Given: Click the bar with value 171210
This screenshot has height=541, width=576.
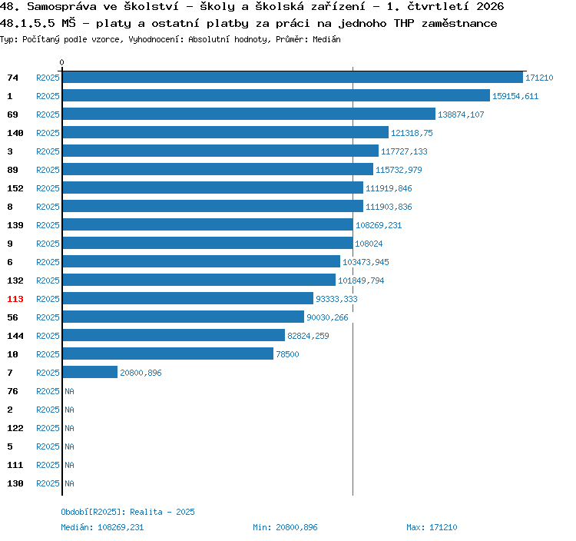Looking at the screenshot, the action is click(293, 77).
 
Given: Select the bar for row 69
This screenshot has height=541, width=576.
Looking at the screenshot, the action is click(249, 114).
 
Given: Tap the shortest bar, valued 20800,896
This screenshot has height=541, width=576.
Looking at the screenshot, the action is click(90, 372).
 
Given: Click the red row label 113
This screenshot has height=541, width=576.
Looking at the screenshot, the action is click(15, 299).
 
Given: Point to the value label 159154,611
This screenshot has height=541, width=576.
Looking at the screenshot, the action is click(515, 96).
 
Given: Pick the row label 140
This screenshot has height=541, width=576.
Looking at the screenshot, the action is click(15, 133).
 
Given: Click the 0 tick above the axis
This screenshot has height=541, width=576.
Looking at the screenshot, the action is click(61, 62).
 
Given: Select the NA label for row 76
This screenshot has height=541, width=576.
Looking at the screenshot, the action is click(69, 391).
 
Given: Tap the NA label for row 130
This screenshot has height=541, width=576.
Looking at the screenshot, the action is click(69, 483).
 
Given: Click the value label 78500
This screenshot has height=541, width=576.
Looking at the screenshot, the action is click(287, 354).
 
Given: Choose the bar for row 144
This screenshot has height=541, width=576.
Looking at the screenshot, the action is click(174, 335).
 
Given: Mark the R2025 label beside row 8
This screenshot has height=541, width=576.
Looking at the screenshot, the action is click(48, 207).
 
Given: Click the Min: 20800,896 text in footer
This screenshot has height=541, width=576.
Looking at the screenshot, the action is click(285, 527).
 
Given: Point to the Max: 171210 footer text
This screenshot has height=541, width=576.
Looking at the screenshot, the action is click(432, 527).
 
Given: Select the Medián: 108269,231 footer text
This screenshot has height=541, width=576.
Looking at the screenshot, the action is click(102, 527).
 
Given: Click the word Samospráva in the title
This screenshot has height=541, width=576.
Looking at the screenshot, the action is click(61, 6).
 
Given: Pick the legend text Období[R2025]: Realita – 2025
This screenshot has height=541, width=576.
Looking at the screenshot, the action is click(127, 512).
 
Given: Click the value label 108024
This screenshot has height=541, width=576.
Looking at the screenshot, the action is click(369, 244).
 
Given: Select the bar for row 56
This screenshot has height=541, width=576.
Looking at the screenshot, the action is click(184, 317).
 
